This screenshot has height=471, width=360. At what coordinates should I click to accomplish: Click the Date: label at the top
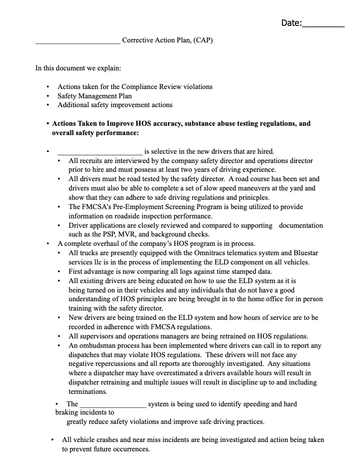pyautogui.click(x=291, y=23)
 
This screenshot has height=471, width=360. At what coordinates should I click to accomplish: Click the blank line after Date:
pyautogui.click(x=323, y=24)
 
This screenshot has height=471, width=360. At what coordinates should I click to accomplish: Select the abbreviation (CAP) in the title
pyautogui.click(x=203, y=40)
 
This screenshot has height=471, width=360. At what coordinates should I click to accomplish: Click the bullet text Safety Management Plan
pyautogui.click(x=95, y=96)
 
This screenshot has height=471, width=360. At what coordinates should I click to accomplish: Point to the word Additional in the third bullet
pyautogui.click(x=72, y=105)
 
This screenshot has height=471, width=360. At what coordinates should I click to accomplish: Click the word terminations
pyautogui.click(x=88, y=392)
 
